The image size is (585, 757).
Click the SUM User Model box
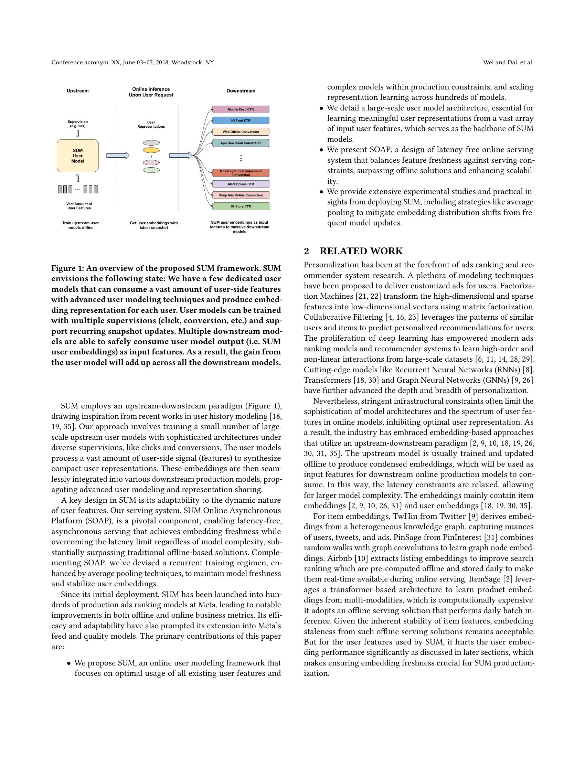(78, 156)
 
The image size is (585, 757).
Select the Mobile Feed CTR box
(241, 109)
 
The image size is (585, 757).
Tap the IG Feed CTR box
(241, 121)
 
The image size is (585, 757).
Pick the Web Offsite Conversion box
(241, 132)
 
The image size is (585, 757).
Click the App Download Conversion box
(241, 143)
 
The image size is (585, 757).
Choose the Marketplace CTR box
(241, 184)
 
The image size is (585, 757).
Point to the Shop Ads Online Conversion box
(241, 195)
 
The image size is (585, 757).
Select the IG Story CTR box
(241, 206)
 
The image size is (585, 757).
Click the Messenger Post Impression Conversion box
(241, 173)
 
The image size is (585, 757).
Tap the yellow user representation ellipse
(151, 150)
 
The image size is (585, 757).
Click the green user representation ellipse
(151, 170)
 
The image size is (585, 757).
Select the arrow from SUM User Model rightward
(117, 156)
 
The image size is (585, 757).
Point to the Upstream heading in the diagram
(78, 91)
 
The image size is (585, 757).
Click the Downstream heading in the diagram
(241, 91)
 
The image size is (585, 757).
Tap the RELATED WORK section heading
(361, 251)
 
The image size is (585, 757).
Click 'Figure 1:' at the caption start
(67, 268)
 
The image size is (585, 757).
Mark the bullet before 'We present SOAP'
(321, 150)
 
